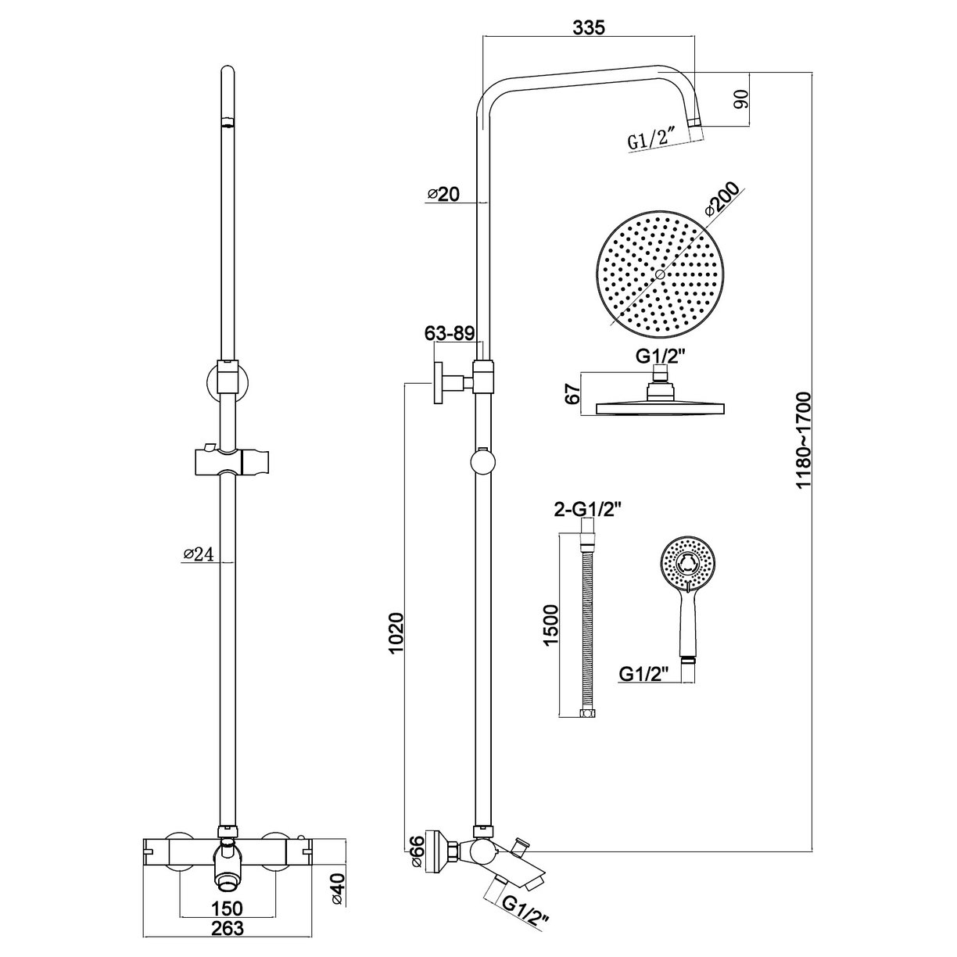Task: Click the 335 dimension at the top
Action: tap(589, 28)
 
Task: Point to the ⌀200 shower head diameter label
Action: tap(721, 200)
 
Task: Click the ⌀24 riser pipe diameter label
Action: tap(198, 554)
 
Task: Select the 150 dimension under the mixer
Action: tap(227, 908)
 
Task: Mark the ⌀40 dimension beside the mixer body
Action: tap(338, 891)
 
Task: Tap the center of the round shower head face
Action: tap(660, 275)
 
